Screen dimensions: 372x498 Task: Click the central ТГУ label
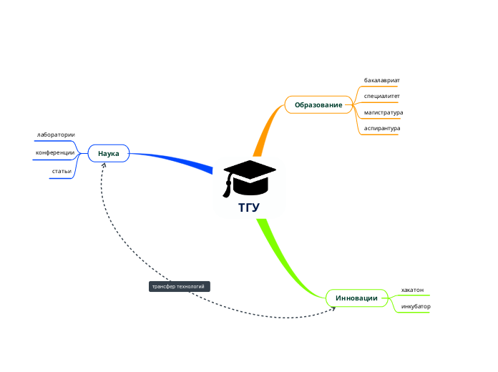(x=249, y=208)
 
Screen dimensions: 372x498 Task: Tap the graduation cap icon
(x=248, y=178)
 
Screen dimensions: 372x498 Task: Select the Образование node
(x=318, y=105)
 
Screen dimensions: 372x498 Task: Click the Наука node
(x=108, y=153)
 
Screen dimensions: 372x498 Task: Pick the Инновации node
(x=356, y=298)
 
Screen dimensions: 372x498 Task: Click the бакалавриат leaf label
(x=381, y=80)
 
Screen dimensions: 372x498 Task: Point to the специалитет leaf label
(x=381, y=96)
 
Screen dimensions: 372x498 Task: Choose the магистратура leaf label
(x=383, y=112)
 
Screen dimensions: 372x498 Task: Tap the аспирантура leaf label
(x=381, y=129)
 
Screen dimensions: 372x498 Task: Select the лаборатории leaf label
(x=56, y=134)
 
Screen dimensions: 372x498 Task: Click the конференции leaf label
(x=55, y=152)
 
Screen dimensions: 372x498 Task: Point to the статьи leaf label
(x=61, y=171)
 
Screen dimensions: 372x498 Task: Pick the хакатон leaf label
(x=412, y=290)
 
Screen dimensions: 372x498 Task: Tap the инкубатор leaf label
(x=416, y=306)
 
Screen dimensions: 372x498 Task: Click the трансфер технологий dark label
(x=179, y=286)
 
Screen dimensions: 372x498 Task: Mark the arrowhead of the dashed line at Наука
(x=104, y=165)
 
